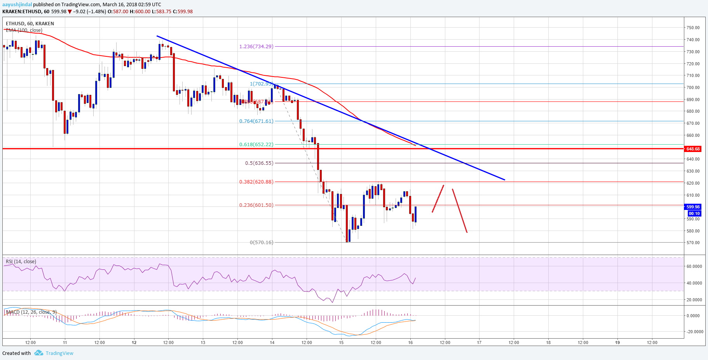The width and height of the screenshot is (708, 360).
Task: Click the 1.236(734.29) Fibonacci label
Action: [256, 47]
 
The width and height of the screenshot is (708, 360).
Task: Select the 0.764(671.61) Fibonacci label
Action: [256, 121]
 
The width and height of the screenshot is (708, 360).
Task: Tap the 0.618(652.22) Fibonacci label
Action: [256, 145]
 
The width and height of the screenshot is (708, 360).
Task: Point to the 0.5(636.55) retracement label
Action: [259, 163]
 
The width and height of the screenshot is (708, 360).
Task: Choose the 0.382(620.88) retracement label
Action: [256, 182]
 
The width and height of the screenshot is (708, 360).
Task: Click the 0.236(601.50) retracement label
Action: [256, 205]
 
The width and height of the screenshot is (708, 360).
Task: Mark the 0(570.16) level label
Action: [262, 243]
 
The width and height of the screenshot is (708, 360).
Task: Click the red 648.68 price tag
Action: [693, 149]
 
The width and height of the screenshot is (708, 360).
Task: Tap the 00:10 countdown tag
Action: [694, 213]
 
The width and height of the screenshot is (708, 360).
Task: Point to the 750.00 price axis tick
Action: [693, 28]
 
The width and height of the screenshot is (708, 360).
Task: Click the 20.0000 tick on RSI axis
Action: [694, 300]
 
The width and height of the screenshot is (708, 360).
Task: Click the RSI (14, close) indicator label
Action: [21, 262]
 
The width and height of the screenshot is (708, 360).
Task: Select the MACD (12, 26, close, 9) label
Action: [31, 312]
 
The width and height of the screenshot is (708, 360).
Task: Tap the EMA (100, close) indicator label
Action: [24, 30]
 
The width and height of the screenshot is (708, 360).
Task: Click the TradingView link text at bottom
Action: [59, 353]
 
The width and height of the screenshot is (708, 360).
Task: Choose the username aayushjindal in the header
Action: [17, 5]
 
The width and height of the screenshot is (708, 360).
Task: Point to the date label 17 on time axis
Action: [479, 343]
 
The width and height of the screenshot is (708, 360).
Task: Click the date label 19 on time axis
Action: [617, 343]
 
